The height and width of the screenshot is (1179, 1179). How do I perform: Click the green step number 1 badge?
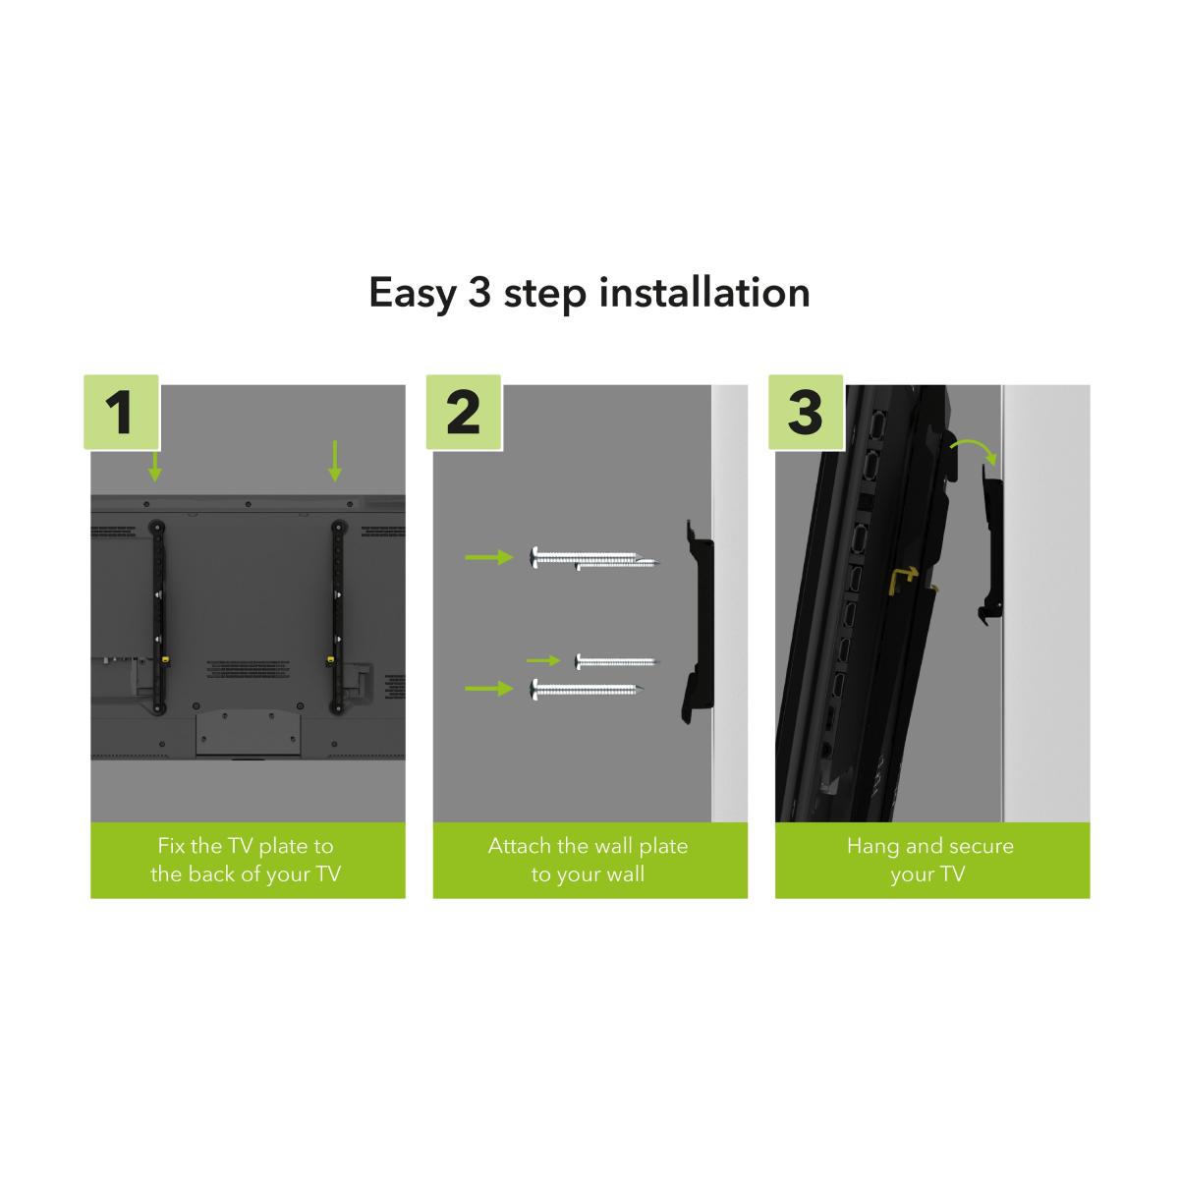[121, 412]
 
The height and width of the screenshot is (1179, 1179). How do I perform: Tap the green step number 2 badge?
[463, 412]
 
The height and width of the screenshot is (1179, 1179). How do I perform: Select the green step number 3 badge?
[806, 412]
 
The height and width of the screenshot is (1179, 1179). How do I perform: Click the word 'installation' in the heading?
[704, 293]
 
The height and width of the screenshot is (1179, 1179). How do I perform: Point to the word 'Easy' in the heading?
[413, 295]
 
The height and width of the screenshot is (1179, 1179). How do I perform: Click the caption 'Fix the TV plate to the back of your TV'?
[246, 860]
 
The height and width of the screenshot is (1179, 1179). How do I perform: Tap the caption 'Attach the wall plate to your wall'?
[588, 860]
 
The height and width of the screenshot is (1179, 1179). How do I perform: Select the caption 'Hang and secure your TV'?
[930, 860]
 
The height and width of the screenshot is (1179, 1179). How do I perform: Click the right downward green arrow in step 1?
[334, 461]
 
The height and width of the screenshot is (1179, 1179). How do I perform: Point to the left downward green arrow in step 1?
[155, 467]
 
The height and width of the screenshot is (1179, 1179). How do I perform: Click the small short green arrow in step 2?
[542, 660]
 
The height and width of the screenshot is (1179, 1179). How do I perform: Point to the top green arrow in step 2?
[489, 557]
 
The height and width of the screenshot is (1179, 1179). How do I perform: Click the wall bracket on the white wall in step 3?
[992, 546]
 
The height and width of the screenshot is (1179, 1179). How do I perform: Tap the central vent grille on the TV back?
[248, 669]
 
